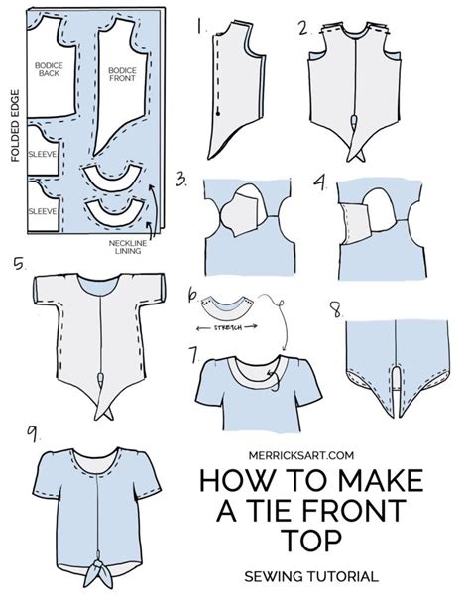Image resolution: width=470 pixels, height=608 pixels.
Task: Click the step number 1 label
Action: point(202,26)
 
